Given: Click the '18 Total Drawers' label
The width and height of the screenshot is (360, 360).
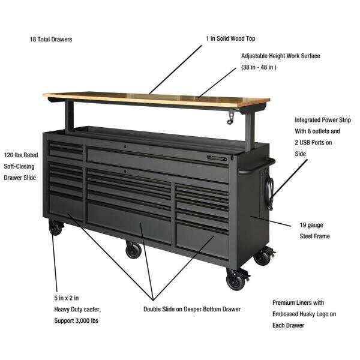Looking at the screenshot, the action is click(51, 39).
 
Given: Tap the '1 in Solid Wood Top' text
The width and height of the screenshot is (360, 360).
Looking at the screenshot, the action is click(230, 38).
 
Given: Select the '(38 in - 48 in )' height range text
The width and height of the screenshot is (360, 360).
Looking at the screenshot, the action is click(259, 67).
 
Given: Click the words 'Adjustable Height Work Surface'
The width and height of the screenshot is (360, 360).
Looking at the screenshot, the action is click(281, 56).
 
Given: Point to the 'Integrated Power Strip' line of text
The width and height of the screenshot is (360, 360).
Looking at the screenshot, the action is click(323, 120).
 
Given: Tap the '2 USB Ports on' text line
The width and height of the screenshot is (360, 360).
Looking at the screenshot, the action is click(313, 142).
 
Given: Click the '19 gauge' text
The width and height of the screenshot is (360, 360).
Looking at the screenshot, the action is click(311, 225).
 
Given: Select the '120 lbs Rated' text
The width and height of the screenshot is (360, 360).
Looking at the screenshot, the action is click(21, 155).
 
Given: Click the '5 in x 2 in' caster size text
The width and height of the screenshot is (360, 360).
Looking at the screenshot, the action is click(67, 298).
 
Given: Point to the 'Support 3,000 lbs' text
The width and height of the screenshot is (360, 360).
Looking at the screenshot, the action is click(76, 320).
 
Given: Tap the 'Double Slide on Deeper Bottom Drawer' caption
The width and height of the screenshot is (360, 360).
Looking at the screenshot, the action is click(192, 309).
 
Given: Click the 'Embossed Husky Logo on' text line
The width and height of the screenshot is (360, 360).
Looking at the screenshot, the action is click(304, 314).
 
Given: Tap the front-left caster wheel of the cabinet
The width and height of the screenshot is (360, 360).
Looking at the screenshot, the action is click(56, 228).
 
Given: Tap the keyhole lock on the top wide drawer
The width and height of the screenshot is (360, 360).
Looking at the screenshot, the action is click(125, 146).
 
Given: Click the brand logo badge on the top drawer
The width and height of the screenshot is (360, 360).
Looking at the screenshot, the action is click(217, 158).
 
